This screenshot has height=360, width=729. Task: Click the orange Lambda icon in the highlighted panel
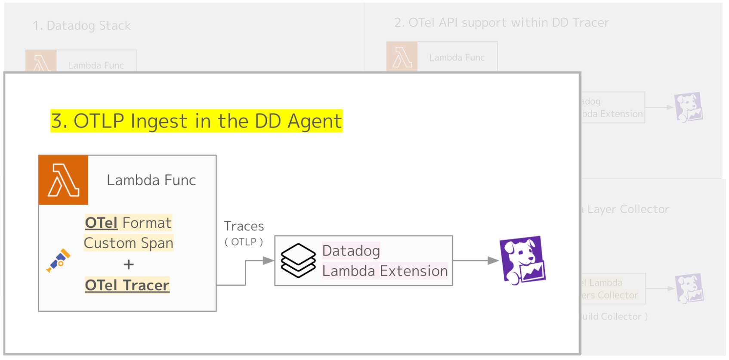(x=63, y=180)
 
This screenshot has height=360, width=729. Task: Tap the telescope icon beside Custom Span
(x=59, y=260)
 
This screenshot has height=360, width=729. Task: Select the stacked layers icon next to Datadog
(x=298, y=260)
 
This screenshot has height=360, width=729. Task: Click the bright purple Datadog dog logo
(x=522, y=260)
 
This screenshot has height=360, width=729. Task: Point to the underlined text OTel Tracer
(x=127, y=285)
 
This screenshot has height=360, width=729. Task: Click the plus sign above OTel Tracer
(x=128, y=264)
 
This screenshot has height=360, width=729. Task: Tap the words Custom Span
(x=128, y=243)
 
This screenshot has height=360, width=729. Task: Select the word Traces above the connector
(x=244, y=227)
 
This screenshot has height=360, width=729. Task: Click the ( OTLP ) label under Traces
(x=244, y=242)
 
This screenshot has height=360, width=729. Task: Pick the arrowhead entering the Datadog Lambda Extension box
(x=269, y=261)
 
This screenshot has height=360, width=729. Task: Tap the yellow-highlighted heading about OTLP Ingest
(x=196, y=121)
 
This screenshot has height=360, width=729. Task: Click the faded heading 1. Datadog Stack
(x=82, y=26)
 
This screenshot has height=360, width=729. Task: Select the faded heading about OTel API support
(x=501, y=23)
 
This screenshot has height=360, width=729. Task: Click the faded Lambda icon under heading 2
(x=402, y=57)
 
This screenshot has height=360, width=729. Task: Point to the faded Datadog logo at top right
(x=689, y=107)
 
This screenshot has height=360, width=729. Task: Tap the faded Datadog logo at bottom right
(x=689, y=288)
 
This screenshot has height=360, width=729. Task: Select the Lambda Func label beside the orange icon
(x=151, y=180)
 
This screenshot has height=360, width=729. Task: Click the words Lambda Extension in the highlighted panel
(x=385, y=271)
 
